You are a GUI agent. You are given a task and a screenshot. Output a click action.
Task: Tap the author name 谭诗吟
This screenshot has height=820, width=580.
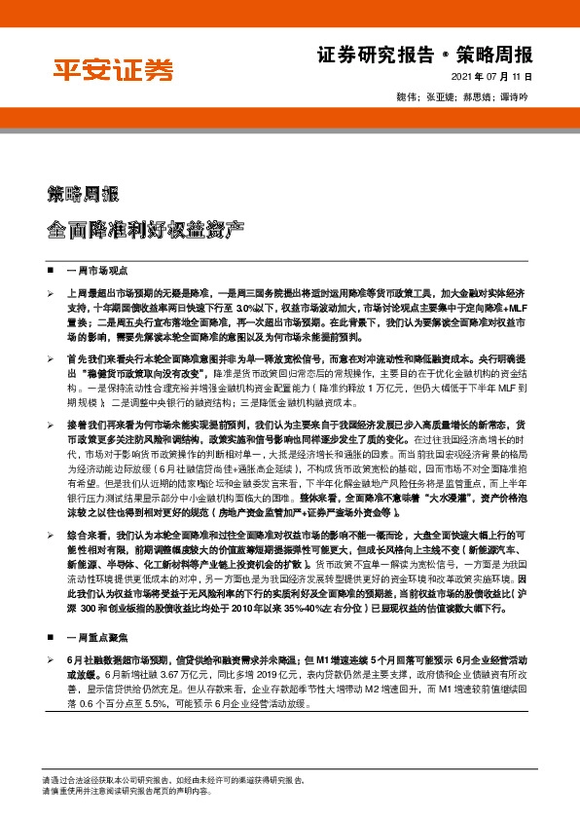514,97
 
